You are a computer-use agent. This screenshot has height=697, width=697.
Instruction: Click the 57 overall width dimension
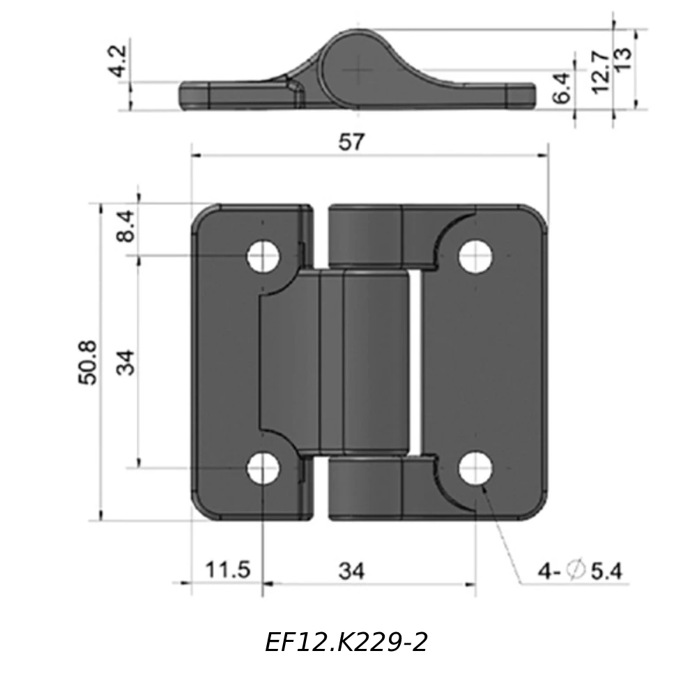tap(351, 142)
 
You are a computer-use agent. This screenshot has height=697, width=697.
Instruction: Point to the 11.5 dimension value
tap(227, 570)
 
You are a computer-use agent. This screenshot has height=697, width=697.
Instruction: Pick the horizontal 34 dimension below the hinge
tap(351, 571)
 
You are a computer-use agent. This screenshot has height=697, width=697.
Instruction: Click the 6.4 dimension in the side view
tap(561, 88)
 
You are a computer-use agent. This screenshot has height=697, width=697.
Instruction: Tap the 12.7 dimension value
tap(599, 70)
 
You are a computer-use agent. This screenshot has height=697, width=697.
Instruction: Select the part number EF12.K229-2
tap(346, 642)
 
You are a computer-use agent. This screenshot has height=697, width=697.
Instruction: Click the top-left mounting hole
tap(263, 256)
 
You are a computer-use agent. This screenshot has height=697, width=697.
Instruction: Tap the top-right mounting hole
tap(475, 256)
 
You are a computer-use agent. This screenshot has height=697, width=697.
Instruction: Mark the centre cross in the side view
tap(358, 69)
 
